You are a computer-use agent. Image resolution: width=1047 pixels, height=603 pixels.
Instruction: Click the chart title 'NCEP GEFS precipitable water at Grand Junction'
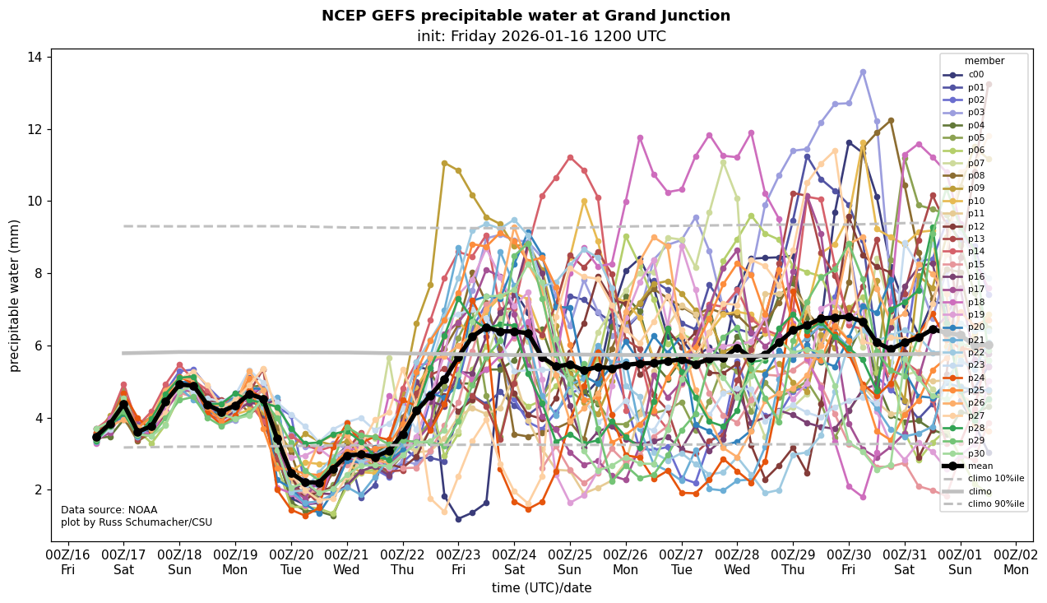(x=526, y=16)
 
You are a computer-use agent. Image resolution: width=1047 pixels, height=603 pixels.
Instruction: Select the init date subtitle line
(x=541, y=36)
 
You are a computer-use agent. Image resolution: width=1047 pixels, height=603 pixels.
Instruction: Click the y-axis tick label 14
(x=35, y=58)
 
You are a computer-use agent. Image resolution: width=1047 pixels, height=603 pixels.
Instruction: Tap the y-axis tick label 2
(x=39, y=490)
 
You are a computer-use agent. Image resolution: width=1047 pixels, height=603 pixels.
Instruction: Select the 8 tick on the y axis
(x=39, y=274)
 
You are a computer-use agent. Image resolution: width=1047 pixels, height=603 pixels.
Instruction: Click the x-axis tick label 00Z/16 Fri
(x=68, y=563)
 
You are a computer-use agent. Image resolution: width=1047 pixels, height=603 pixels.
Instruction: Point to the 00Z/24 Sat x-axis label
(x=514, y=563)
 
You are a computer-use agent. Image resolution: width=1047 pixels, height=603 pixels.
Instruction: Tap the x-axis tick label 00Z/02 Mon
(x=1017, y=563)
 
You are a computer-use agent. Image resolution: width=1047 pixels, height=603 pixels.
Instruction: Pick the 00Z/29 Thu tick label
(x=793, y=563)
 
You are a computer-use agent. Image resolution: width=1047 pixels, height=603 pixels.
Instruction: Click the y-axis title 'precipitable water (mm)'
(x=15, y=295)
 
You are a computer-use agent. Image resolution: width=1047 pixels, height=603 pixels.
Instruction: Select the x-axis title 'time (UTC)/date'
(x=541, y=588)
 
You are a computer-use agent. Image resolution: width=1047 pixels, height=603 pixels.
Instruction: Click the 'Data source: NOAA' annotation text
(x=109, y=510)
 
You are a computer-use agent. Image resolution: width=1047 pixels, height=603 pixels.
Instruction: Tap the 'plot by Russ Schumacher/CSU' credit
(x=137, y=522)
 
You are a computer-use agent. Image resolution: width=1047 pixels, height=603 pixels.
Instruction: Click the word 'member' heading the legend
(x=984, y=61)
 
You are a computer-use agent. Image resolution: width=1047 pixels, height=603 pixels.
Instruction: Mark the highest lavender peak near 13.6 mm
(x=863, y=72)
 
